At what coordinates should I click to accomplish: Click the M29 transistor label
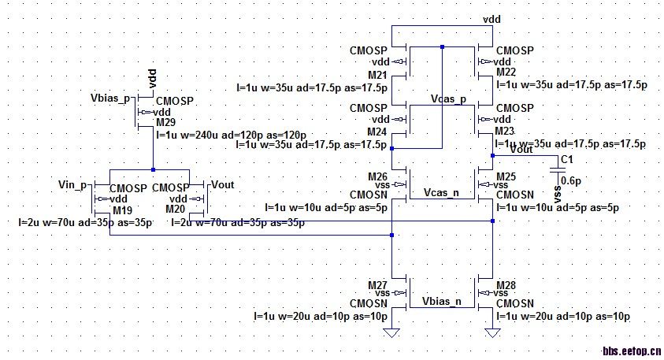(x=166, y=123)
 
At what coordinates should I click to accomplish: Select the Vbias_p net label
(x=110, y=100)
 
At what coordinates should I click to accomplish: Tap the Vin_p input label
(x=72, y=184)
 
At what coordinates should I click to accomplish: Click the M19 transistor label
(x=121, y=210)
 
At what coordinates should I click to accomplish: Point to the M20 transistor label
(x=176, y=210)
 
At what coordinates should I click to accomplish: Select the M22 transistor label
(x=506, y=72)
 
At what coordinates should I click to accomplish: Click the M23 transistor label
(x=505, y=131)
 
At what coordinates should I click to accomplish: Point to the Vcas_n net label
(x=442, y=192)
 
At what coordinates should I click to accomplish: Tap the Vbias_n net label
(x=441, y=302)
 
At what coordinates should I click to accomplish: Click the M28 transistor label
(x=506, y=284)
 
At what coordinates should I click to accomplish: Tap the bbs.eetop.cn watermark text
(x=631, y=351)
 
